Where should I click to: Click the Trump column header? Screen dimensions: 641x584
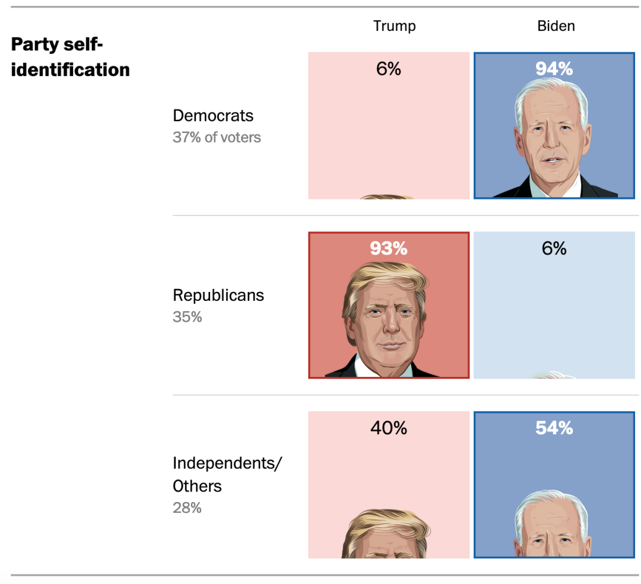[395, 26]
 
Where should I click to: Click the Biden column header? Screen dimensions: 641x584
[556, 26]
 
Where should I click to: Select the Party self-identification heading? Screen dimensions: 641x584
[70, 57]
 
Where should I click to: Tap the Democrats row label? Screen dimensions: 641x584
[213, 116]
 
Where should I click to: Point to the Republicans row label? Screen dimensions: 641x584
[218, 295]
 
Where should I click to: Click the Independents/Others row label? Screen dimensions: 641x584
[227, 474]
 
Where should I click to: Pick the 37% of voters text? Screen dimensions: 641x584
[217, 137]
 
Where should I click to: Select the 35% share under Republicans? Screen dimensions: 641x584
[187, 317]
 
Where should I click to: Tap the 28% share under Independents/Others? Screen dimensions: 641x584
[187, 508]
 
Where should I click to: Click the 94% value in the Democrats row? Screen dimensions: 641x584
[554, 69]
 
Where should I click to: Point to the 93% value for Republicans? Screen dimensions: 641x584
[388, 248]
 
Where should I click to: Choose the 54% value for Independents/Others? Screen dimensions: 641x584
[554, 428]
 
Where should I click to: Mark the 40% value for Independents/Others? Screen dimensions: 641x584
[388, 428]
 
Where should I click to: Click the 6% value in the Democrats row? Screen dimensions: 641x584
[388, 69]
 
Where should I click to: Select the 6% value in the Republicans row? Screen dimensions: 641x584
[554, 248]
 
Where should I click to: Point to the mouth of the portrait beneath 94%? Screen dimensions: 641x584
[552, 160]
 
